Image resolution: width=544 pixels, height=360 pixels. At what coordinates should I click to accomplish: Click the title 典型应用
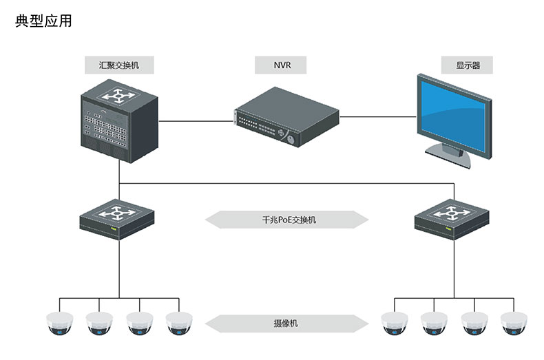(x=43, y=21)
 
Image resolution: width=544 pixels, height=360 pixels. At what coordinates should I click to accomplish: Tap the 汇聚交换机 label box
(x=119, y=65)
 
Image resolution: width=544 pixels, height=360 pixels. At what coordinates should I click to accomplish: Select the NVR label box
(x=280, y=65)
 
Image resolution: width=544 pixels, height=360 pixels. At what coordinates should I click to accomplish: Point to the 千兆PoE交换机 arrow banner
(x=287, y=220)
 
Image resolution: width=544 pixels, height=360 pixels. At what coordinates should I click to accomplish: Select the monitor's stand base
(x=448, y=155)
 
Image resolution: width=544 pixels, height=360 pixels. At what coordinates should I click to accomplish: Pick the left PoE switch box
(x=120, y=218)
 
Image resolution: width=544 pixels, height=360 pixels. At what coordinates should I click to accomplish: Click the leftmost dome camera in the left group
(x=59, y=324)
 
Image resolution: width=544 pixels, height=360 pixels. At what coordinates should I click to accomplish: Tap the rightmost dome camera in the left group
(x=179, y=324)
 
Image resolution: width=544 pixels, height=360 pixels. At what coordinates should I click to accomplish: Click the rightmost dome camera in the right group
(x=514, y=324)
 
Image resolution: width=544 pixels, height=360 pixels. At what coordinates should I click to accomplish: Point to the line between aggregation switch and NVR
(x=196, y=121)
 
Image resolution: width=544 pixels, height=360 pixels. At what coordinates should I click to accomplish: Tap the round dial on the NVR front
(x=291, y=138)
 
